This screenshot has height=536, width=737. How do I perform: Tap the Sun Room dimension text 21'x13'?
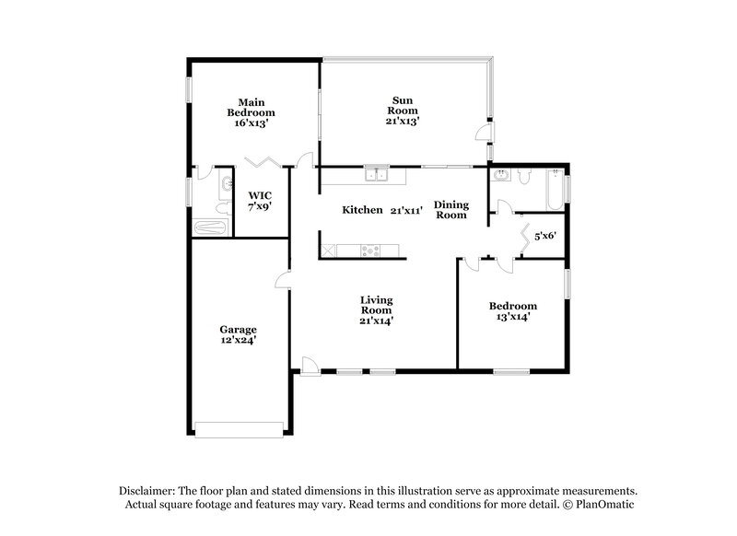coord(403,121)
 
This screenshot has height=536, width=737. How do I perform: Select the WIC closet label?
coord(260,195)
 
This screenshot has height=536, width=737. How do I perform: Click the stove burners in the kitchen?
coord(370,251)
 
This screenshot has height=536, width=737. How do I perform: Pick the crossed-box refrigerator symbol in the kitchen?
coord(329,251)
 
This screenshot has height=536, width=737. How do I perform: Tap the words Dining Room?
coord(451,209)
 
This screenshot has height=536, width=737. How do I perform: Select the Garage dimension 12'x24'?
coord(239,340)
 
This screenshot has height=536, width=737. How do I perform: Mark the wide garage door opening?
coord(240,430)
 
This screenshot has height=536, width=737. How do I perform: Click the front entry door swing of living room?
coord(310,366)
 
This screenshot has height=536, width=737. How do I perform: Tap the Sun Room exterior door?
coord(484,133)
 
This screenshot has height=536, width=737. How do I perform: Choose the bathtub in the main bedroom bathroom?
coord(211,227)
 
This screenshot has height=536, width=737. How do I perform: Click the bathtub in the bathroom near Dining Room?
coord(555,190)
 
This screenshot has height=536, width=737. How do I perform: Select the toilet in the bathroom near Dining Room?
coord(524,177)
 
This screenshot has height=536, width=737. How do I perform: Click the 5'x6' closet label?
coord(545,236)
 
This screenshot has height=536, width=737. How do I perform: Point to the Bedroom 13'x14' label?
coord(513,311)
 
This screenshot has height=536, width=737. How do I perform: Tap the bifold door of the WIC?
coord(263,162)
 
